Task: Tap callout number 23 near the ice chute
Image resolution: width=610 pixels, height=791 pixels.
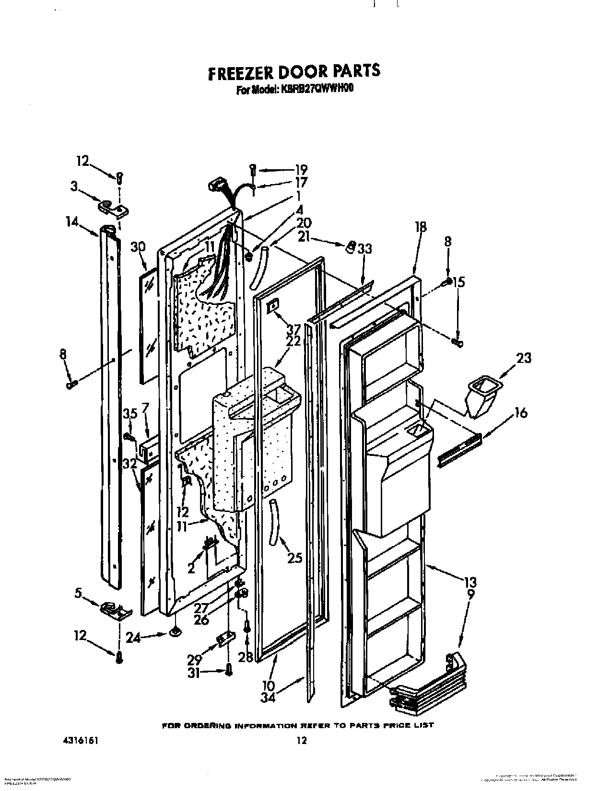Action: coord(523,358)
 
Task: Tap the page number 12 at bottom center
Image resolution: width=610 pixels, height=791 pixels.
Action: coord(301,741)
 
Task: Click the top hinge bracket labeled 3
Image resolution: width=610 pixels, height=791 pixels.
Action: coord(112,208)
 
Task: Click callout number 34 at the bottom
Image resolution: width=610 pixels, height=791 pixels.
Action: coord(269,698)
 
